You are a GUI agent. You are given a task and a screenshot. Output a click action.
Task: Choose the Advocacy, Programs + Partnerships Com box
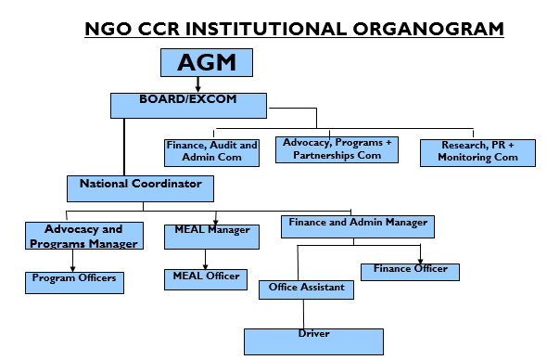(337, 148)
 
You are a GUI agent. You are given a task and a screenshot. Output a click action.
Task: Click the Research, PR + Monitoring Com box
(477, 152)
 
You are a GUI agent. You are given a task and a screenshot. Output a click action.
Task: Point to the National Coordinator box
(140, 188)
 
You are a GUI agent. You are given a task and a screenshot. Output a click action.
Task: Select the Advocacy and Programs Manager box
(84, 236)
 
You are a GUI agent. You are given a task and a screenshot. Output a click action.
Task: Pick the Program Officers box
(74, 281)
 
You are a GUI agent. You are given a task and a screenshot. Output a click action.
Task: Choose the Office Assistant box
(306, 290)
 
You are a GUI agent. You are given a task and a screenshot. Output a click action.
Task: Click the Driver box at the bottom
(313, 341)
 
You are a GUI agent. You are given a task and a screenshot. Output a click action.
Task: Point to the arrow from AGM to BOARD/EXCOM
(198, 84)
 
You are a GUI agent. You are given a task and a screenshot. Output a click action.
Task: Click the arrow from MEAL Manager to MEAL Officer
(206, 259)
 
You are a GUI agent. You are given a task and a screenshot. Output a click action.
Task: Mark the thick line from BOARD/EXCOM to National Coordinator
(124, 147)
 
